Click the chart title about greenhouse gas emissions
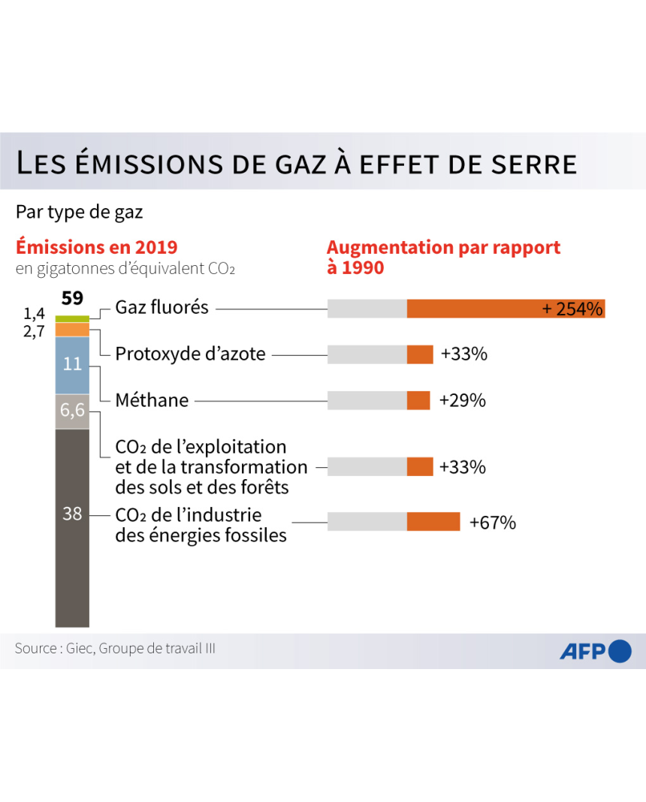pyautogui.click(x=296, y=163)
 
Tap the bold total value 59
pyautogui.click(x=72, y=298)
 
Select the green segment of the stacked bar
pyautogui.click(x=72, y=318)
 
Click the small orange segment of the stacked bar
pyautogui.click(x=72, y=329)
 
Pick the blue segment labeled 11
pyautogui.click(x=72, y=365)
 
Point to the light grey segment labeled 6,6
pyautogui.click(x=72, y=412)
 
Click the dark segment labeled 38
pyautogui.click(x=72, y=526)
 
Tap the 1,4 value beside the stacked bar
pyautogui.click(x=35, y=314)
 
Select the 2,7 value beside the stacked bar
pyautogui.click(x=35, y=331)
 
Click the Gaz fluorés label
pyautogui.click(x=161, y=307)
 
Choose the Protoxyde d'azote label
pyautogui.click(x=190, y=354)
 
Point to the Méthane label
pyautogui.click(x=152, y=400)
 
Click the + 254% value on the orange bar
pyautogui.click(x=572, y=309)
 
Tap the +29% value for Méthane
pyautogui.click(x=462, y=400)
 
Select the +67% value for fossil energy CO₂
pyautogui.click(x=492, y=523)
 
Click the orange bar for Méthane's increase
pyautogui.click(x=418, y=400)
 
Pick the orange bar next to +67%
pyautogui.click(x=433, y=522)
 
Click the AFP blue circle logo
pyautogui.click(x=620, y=651)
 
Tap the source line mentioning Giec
pyautogui.click(x=115, y=648)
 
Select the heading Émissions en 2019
pyautogui.click(x=97, y=247)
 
